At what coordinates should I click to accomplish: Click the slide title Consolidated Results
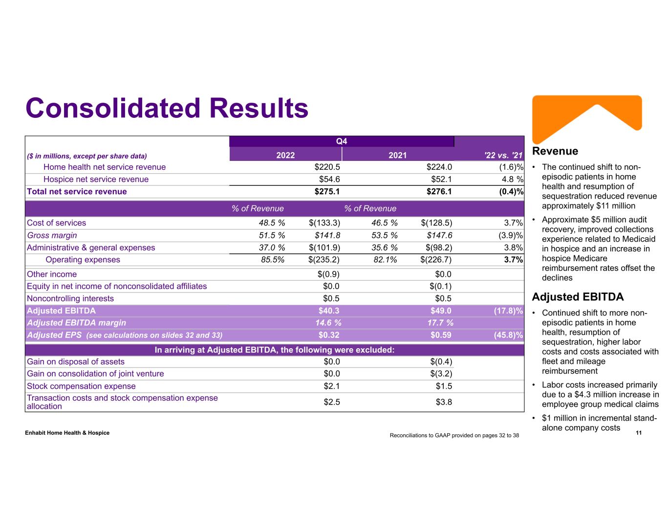[x=167, y=108]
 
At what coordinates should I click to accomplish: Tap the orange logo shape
[x=586, y=117]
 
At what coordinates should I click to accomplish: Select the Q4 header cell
[x=342, y=141]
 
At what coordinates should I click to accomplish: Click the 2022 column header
[x=285, y=156]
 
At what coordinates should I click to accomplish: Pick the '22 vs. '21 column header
[x=503, y=156]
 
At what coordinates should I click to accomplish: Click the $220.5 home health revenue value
[x=327, y=167]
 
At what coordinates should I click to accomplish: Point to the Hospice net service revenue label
[x=96, y=179]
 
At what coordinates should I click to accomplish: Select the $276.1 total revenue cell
[x=439, y=192]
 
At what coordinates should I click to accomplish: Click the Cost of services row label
[x=56, y=223]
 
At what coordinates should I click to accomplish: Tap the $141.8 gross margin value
[x=327, y=235]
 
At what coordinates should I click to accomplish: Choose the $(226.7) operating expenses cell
[x=436, y=260]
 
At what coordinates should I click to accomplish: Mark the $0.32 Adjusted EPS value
[x=329, y=336]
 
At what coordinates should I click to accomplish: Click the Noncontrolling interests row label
[x=70, y=299]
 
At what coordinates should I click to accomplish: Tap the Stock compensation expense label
[x=81, y=386]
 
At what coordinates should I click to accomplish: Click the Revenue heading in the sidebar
[x=555, y=151]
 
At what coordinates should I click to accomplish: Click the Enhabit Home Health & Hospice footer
[x=67, y=433]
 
